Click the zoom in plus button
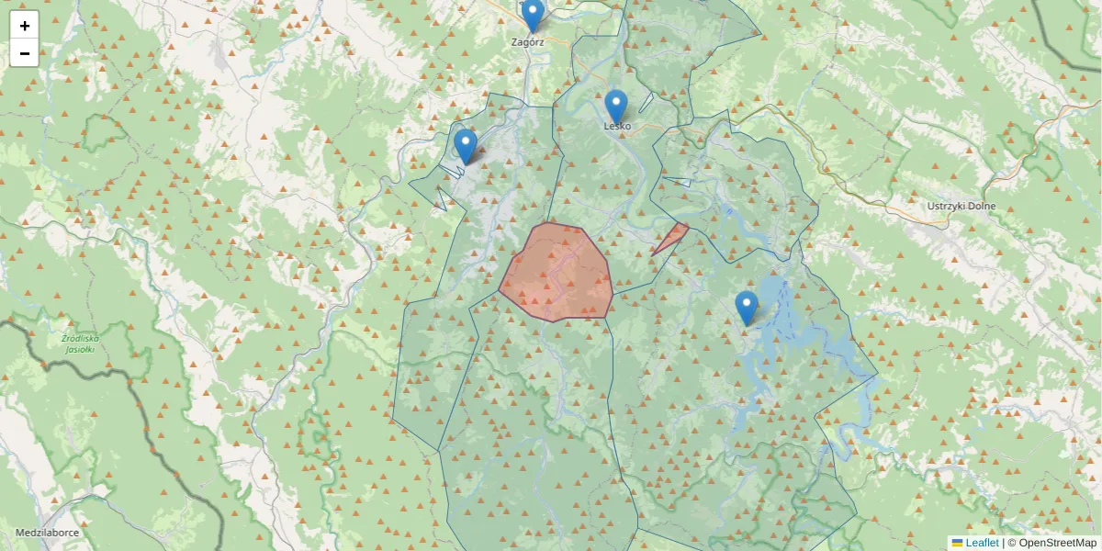[25, 26]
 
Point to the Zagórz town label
[528, 41]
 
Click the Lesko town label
[617, 126]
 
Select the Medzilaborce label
[47, 533]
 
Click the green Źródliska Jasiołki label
[80, 343]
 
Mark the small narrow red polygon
[672, 237]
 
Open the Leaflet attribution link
[982, 543]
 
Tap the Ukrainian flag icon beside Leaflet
[957, 543]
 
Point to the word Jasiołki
[80, 349]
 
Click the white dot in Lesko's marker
[616, 101]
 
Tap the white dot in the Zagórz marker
[533, 9]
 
